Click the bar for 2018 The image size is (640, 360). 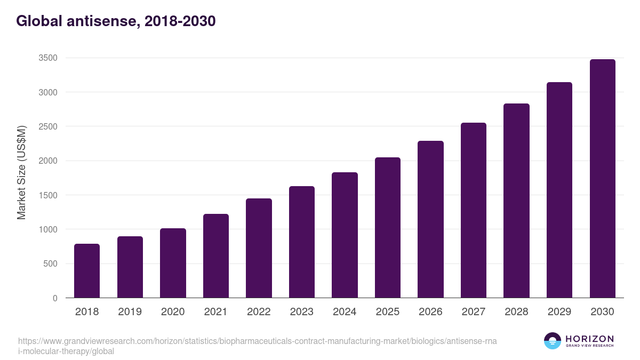pyautogui.click(x=87, y=271)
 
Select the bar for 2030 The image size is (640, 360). pyautogui.click(x=603, y=179)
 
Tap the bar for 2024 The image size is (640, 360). pyautogui.click(x=345, y=235)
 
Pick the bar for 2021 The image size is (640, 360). pyautogui.click(x=216, y=256)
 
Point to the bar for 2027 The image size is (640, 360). pyautogui.click(x=474, y=210)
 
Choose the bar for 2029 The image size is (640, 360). pyautogui.click(x=559, y=190)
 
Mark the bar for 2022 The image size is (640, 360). pyautogui.click(x=259, y=248)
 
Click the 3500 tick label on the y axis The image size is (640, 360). pyautogui.click(x=48, y=58)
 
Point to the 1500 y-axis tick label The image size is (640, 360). pyautogui.click(x=48, y=195)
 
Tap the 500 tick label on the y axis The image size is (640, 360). pyautogui.click(x=50, y=264)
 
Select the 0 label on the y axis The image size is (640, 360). pyautogui.click(x=55, y=298)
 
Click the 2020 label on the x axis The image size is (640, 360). pyautogui.click(x=173, y=312)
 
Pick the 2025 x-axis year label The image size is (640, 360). pyautogui.click(x=388, y=312)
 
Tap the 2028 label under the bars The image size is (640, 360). pyautogui.click(x=516, y=312)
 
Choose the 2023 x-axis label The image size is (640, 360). pyautogui.click(x=302, y=312)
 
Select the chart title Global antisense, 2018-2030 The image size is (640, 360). pyautogui.click(x=116, y=21)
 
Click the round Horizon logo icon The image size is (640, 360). pyautogui.click(x=553, y=341)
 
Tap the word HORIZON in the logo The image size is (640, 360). pyautogui.click(x=589, y=339)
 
